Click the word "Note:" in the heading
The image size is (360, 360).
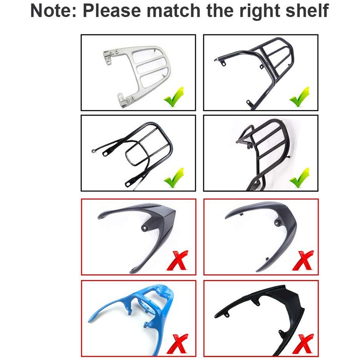click(x=53, y=11)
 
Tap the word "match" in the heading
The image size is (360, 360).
click(x=174, y=11)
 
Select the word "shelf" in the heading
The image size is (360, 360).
click(x=307, y=10)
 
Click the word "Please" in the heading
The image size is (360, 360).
click(x=112, y=11)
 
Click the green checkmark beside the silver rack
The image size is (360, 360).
click(x=174, y=97)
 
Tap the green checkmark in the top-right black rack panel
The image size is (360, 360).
click(x=299, y=97)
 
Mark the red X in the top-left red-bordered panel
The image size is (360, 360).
click(x=177, y=260)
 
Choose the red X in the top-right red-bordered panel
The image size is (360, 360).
click(x=303, y=260)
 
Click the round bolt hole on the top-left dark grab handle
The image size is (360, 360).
click(x=144, y=228)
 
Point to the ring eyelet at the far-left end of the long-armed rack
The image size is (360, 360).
click(x=93, y=151)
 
